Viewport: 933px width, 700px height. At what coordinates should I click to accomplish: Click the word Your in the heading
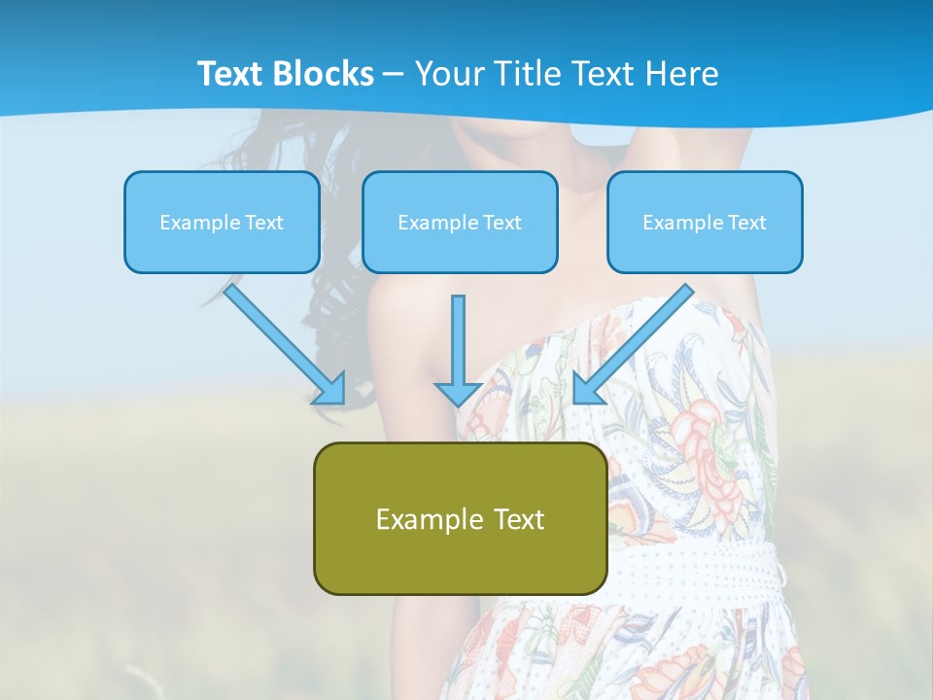[x=448, y=74]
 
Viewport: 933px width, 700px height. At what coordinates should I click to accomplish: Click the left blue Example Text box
[x=222, y=223]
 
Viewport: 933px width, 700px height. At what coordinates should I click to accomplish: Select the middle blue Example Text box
[x=460, y=223]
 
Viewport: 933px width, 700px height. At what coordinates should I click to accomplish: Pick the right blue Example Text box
[x=705, y=223]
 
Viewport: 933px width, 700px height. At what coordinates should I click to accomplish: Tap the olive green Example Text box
[x=460, y=518]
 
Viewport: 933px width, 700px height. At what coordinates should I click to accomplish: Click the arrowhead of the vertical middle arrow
[x=458, y=394]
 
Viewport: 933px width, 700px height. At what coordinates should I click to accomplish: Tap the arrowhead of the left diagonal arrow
[x=329, y=388]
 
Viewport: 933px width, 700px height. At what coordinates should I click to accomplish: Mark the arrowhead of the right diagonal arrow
[x=587, y=389]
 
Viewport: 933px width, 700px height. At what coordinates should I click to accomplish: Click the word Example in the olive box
[x=423, y=519]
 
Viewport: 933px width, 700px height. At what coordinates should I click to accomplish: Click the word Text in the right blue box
[x=745, y=223]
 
